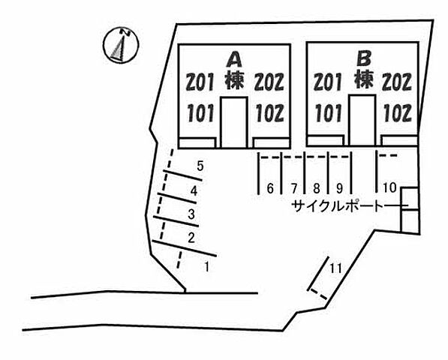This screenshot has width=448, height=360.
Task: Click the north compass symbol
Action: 121,45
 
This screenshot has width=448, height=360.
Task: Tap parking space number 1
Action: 206,267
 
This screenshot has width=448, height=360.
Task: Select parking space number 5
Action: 200,166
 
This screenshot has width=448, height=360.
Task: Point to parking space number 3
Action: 191,214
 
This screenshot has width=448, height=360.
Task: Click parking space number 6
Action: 270,188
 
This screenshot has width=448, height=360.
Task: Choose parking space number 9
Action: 339,188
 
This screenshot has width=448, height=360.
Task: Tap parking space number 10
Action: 389,187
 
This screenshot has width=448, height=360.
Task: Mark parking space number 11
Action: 335,268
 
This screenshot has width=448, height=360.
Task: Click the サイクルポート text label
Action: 337,205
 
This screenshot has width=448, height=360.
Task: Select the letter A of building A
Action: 234,60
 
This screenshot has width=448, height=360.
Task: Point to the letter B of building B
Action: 364,58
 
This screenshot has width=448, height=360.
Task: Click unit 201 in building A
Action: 200,82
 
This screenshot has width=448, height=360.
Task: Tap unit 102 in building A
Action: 269,112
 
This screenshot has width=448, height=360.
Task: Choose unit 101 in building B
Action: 329,112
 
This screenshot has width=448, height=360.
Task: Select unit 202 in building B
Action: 397,82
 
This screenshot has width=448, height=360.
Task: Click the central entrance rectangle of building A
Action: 234,122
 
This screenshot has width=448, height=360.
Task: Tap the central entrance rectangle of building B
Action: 362,120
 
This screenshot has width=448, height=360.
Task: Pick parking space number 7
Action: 294,188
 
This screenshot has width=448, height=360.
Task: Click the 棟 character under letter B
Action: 364,79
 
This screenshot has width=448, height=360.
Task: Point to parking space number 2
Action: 191,238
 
